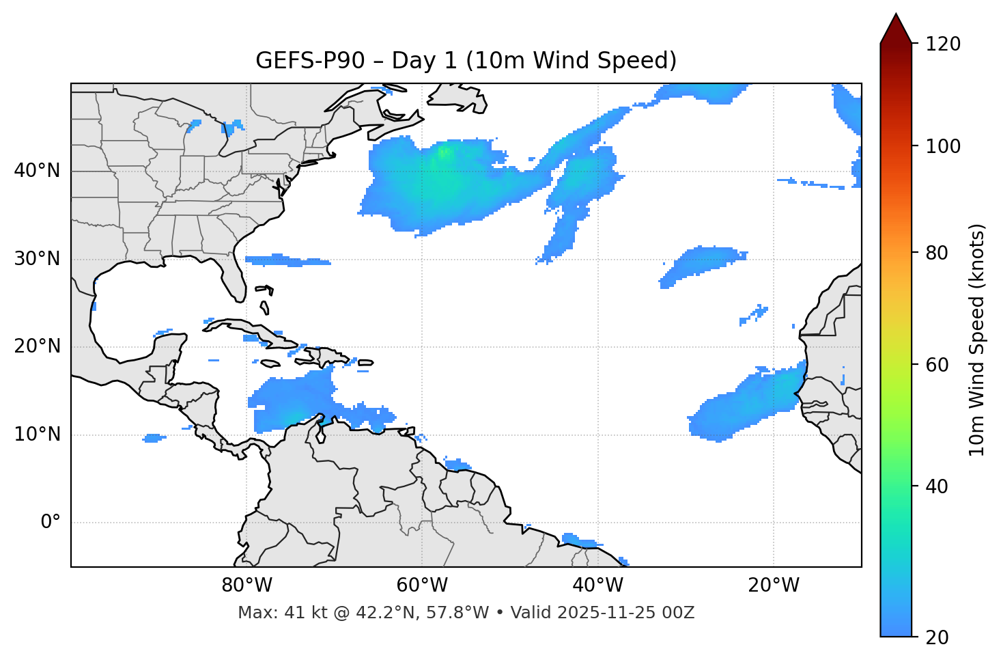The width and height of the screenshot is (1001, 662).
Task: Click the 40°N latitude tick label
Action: (37, 171)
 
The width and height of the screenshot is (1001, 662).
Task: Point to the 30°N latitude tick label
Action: (37, 259)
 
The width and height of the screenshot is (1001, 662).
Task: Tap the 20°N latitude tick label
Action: (37, 346)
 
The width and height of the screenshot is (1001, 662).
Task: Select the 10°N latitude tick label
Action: (37, 435)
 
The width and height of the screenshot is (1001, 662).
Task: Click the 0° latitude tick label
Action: (51, 523)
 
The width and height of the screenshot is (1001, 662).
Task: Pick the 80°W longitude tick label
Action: (246, 585)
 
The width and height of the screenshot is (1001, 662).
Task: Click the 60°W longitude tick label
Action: (422, 585)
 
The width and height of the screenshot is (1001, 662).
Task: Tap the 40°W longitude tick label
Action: (597, 585)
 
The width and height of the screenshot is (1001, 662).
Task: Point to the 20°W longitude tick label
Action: (773, 585)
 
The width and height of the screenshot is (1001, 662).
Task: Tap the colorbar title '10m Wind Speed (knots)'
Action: (977, 340)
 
